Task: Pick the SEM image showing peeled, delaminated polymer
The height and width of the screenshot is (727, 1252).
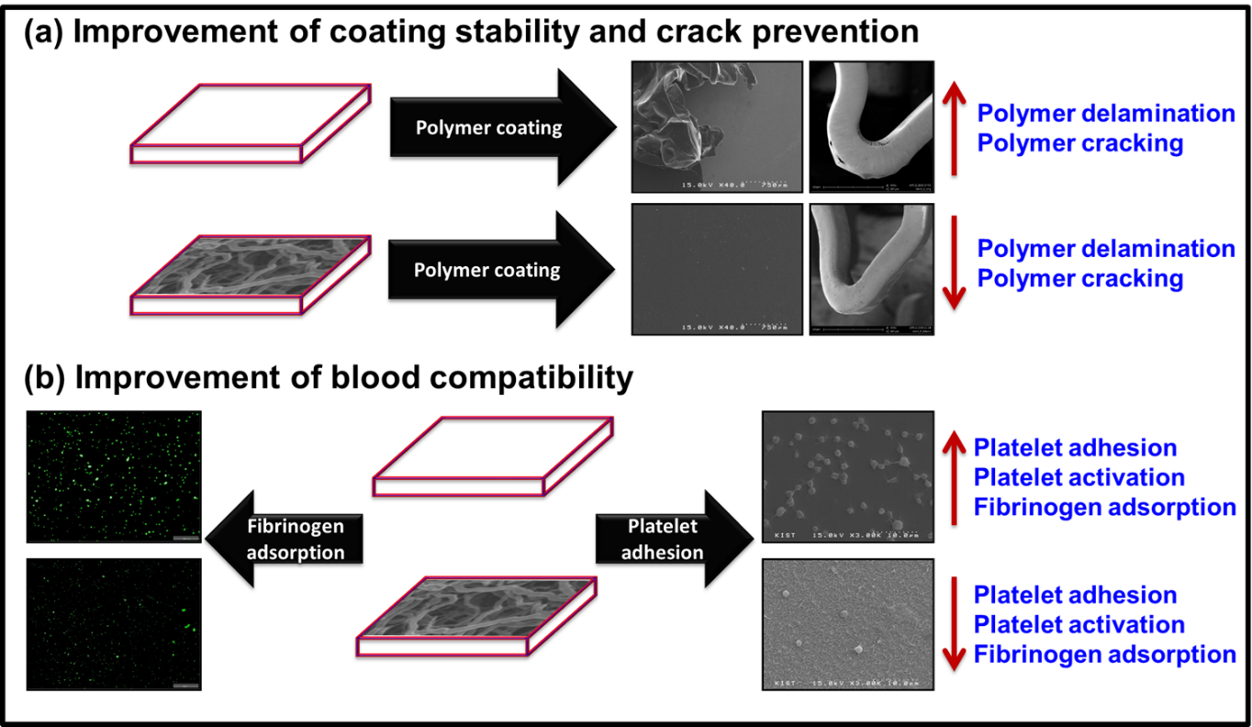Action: click(x=717, y=128)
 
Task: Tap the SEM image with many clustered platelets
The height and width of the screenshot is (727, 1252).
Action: click(x=847, y=476)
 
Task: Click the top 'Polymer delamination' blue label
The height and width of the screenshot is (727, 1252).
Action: click(x=1105, y=114)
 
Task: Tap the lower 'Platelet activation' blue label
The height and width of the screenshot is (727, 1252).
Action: click(x=1079, y=624)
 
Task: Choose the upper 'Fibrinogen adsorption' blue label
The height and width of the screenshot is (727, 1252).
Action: click(x=1104, y=507)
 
